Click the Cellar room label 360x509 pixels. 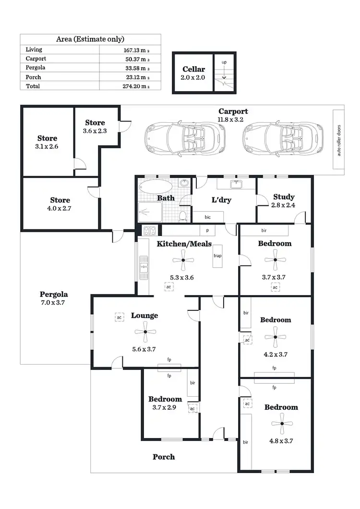click(x=193, y=70)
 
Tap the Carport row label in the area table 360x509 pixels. click(x=36, y=59)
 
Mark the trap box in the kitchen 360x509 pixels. click(x=217, y=256)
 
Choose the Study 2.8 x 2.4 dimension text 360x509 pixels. click(x=284, y=205)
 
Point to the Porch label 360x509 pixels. click(x=164, y=457)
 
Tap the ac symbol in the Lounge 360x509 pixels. click(x=119, y=317)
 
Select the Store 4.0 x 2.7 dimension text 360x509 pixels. click(x=60, y=209)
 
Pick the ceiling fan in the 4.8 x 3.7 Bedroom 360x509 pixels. click(x=281, y=424)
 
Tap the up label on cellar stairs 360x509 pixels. click(x=224, y=62)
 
